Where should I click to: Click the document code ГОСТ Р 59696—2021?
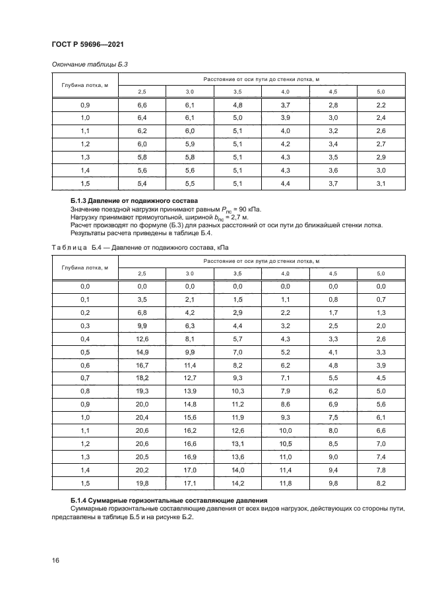[88, 44]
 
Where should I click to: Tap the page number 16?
[56, 560]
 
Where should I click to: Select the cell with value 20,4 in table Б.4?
[142, 417]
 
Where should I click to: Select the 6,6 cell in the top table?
[142, 105]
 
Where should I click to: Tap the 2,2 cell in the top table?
[380, 105]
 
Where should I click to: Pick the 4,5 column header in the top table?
[332, 91]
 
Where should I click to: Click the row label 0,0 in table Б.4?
[85, 287]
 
